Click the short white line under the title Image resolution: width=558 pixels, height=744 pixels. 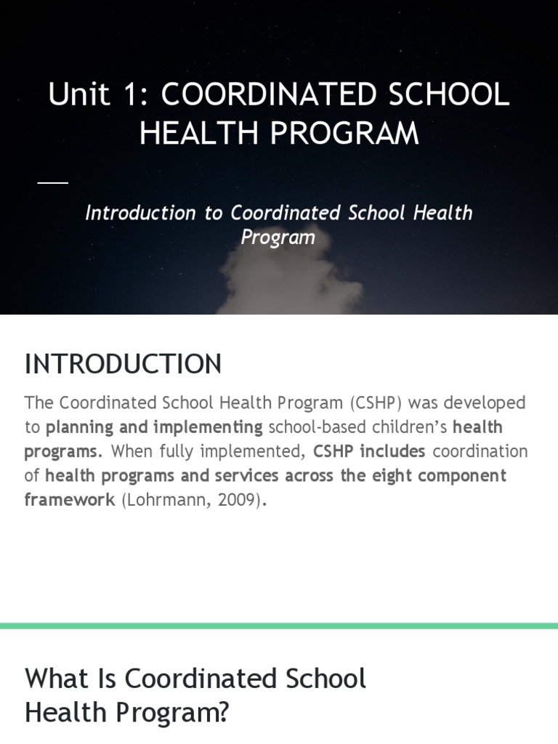coord(52,182)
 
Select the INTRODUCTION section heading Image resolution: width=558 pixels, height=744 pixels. coord(123,364)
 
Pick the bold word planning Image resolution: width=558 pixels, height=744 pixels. coord(79,427)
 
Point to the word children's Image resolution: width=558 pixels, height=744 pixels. coord(407,427)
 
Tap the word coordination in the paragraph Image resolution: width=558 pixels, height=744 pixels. coord(480,451)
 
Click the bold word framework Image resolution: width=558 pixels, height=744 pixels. coord(70,500)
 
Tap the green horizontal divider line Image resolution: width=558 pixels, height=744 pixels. coord(279,626)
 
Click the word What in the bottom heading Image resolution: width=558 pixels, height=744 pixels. coord(55,679)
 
